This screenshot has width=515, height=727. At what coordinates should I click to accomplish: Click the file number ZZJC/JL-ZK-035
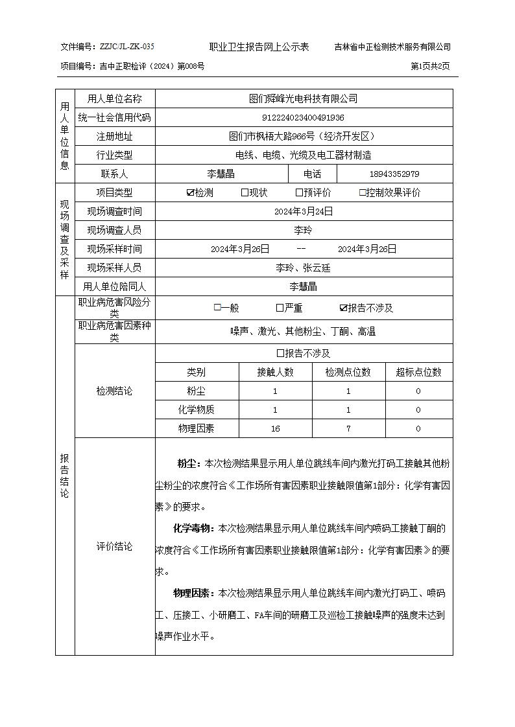(126, 47)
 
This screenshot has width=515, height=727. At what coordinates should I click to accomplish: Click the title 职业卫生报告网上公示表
(259, 47)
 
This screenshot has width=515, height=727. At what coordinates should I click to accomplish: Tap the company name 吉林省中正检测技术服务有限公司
(392, 47)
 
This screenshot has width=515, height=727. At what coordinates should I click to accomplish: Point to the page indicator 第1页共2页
(430, 66)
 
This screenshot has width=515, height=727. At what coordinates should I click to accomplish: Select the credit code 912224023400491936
(303, 117)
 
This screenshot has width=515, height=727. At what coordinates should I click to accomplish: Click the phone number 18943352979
(394, 174)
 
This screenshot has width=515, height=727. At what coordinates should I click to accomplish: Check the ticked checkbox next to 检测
(190, 192)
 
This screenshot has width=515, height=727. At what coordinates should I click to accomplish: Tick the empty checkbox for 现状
(245, 192)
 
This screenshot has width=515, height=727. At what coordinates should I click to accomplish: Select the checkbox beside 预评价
(299, 192)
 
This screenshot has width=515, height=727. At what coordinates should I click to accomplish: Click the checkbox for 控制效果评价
(363, 192)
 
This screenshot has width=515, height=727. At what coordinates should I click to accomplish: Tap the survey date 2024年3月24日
(304, 211)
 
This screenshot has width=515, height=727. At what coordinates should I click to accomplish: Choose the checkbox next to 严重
(280, 308)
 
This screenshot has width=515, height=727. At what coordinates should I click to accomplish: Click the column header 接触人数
(276, 372)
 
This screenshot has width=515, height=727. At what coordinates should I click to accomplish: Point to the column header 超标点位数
(418, 372)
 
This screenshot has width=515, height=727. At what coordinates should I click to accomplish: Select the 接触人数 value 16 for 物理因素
(276, 428)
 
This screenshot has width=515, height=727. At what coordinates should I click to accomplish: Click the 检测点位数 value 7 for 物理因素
(348, 428)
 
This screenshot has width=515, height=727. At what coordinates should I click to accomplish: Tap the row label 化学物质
(197, 410)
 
